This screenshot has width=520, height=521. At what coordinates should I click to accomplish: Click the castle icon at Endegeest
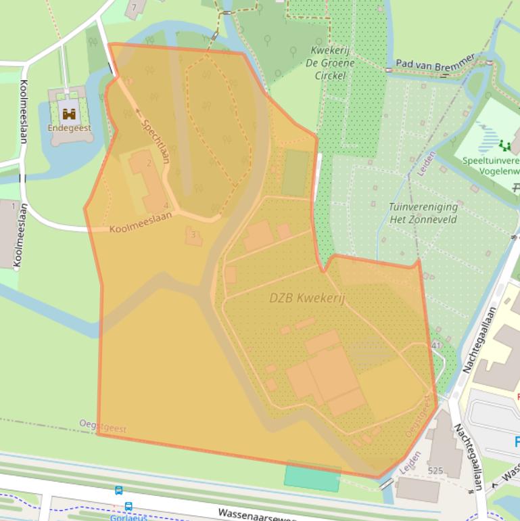click(68, 112)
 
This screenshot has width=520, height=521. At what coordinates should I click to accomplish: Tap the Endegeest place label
click(69, 127)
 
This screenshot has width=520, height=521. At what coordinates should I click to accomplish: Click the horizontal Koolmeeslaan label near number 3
click(141, 223)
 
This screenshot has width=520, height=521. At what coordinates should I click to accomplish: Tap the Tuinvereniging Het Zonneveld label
click(423, 213)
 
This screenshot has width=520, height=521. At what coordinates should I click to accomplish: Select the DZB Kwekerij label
click(307, 298)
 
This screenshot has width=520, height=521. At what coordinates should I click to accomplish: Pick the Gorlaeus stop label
click(128, 518)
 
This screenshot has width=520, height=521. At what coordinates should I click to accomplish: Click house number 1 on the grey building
click(13, 206)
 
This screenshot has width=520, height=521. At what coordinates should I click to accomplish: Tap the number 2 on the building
click(149, 164)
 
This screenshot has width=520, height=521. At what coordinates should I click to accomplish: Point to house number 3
click(193, 235)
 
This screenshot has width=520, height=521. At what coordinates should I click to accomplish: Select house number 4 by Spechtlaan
click(166, 206)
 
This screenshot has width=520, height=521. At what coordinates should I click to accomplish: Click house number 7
click(134, 7)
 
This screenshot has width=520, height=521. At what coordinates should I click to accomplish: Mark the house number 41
click(435, 346)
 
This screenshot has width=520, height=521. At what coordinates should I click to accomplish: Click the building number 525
click(435, 470)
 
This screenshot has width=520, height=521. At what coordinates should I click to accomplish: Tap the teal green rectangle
click(312, 478)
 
